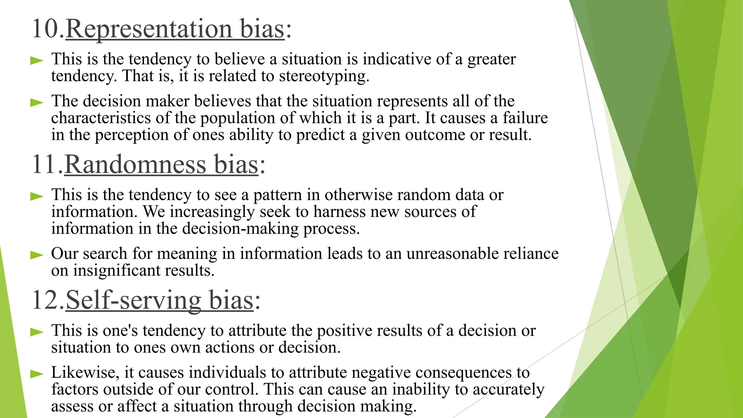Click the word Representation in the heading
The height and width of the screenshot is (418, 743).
coord(149,29)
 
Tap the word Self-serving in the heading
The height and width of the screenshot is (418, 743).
coord(133,300)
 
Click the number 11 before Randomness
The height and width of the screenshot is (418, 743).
coord(45,164)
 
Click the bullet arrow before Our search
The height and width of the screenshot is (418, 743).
coord(37,255)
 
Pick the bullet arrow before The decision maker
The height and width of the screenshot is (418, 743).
coord(37,102)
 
